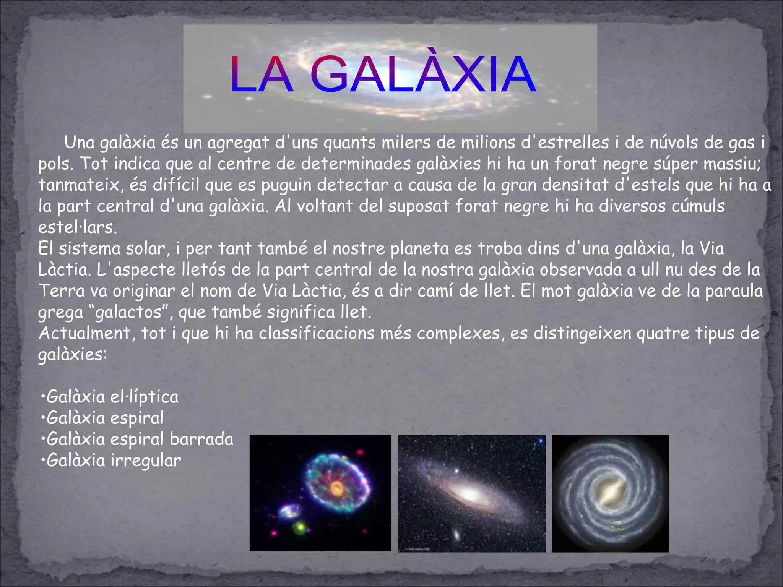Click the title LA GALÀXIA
(382, 75)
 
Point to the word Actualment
(84, 333)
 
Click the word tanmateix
(78, 185)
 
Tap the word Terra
(61, 291)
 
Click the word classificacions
(317, 333)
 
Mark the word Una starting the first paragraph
(80, 143)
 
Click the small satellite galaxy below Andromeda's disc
(456, 534)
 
